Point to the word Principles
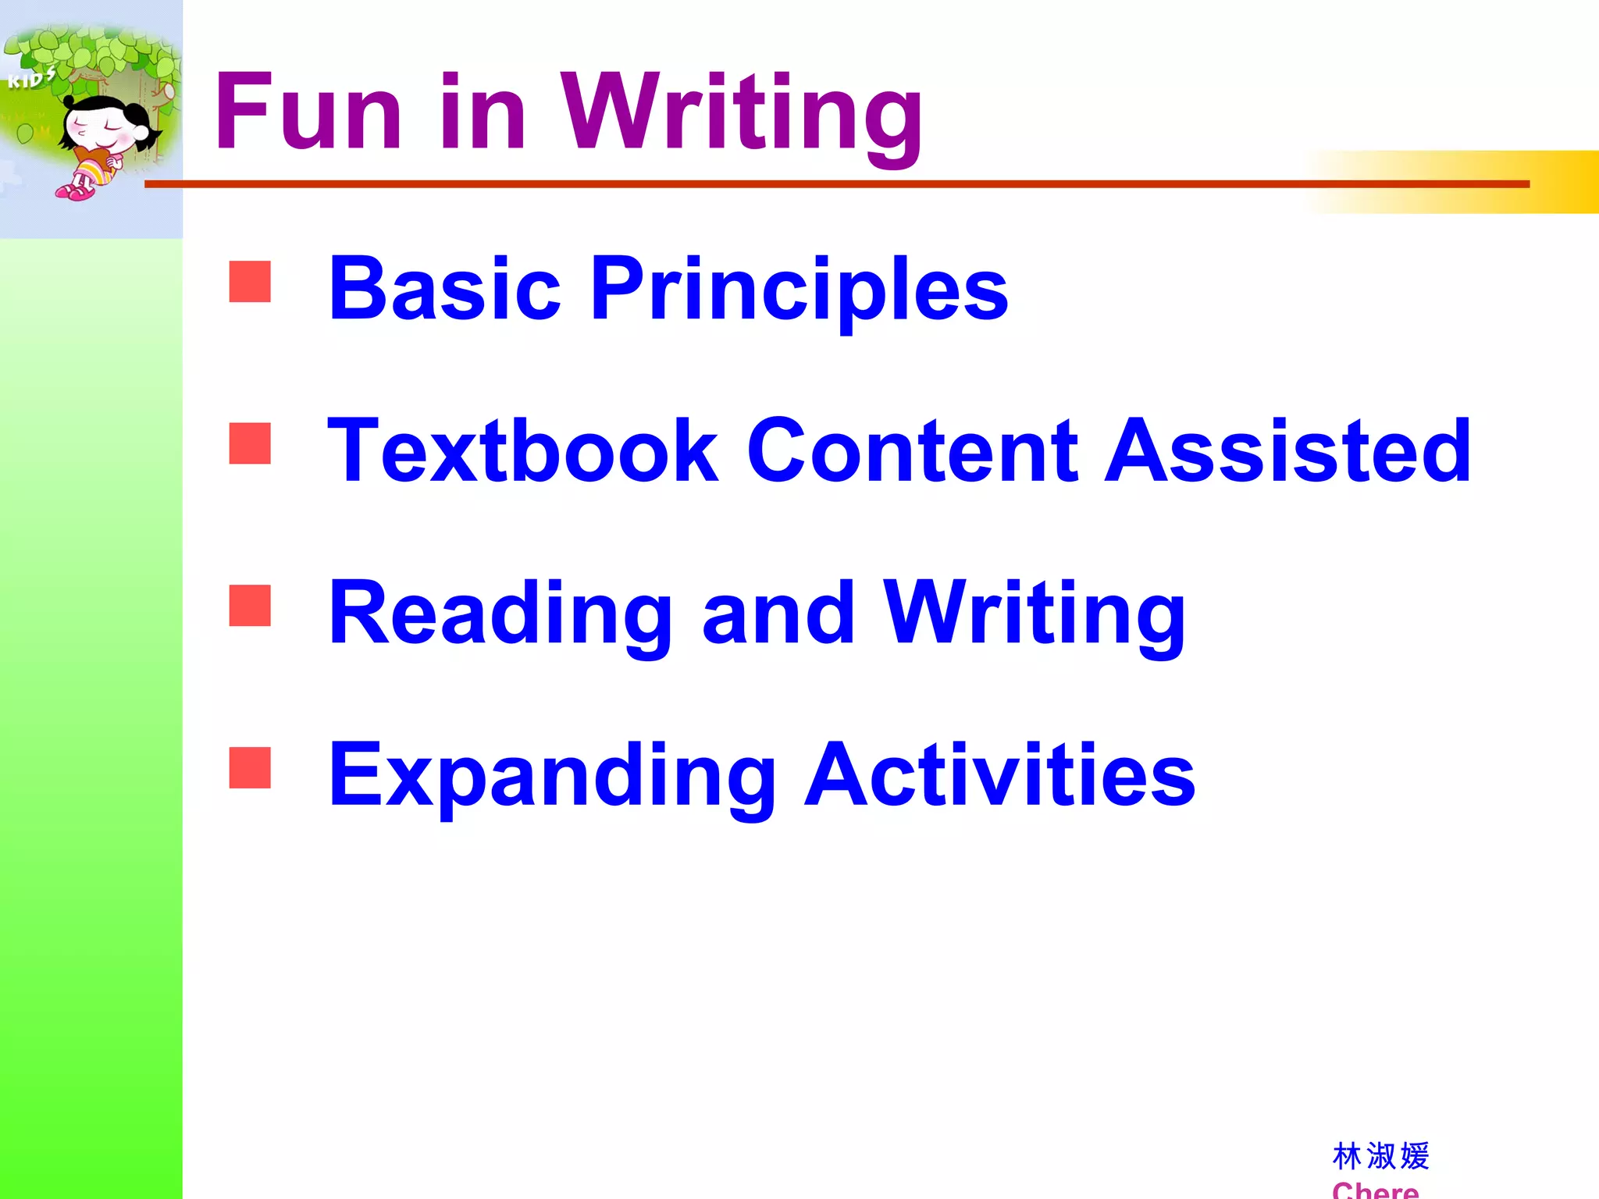click(x=799, y=290)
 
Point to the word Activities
click(x=1000, y=776)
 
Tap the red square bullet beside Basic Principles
click(x=250, y=281)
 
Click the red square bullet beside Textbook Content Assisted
click(x=250, y=443)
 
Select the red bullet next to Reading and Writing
click(x=250, y=606)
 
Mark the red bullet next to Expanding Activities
click(x=250, y=768)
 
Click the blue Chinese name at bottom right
click(x=1380, y=1156)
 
